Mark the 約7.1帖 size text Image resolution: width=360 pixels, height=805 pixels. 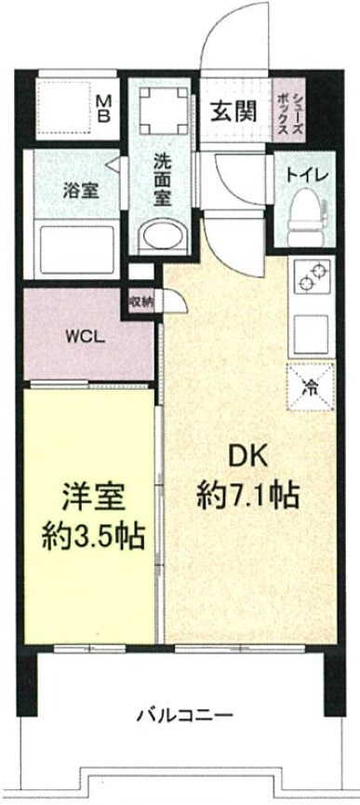[247, 494]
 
